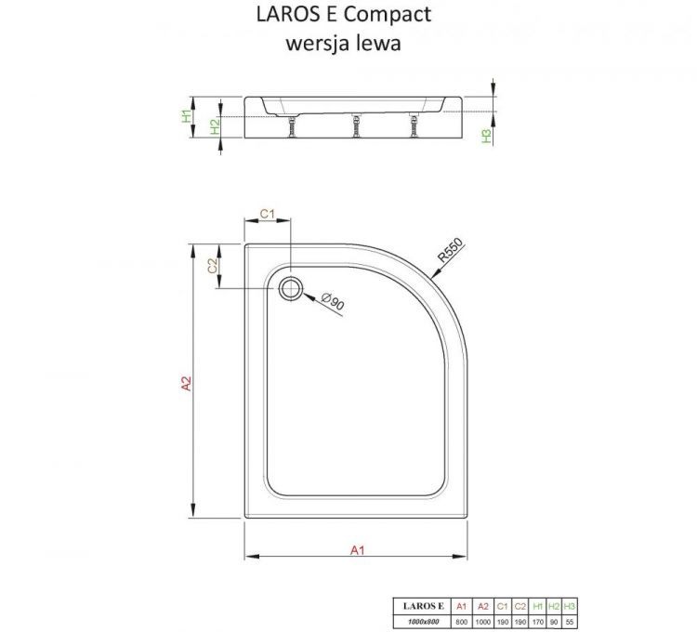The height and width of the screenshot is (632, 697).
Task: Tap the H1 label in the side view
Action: (x=186, y=117)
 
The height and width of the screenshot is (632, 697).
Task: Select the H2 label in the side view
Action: (x=215, y=127)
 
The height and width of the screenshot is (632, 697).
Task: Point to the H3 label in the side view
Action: (x=485, y=136)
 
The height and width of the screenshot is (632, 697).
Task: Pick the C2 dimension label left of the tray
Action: (x=213, y=265)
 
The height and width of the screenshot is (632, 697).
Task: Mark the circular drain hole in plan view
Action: (x=291, y=287)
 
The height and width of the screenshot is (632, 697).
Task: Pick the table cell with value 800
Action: (x=460, y=619)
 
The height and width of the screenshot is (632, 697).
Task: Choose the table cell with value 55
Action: (x=571, y=619)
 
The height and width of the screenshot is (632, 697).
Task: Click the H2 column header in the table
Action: (x=555, y=605)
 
